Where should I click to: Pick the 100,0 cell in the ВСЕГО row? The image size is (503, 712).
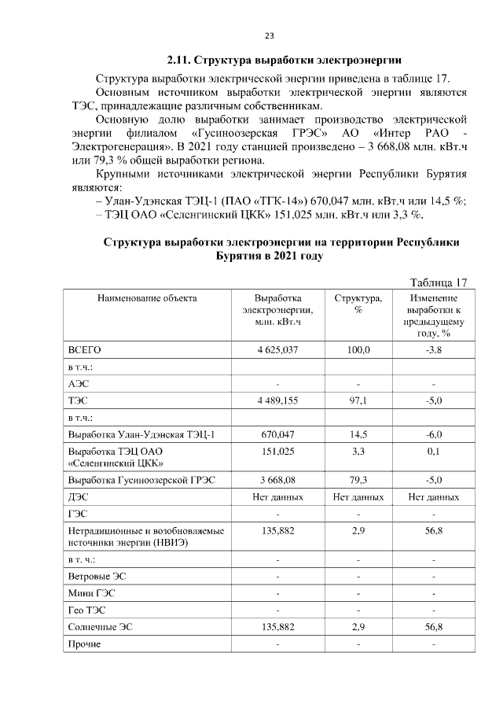(x=358, y=349)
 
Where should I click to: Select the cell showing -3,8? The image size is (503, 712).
(x=433, y=349)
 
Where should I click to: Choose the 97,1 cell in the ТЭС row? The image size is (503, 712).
(x=358, y=400)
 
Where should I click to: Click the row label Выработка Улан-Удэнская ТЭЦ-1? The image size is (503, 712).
(x=141, y=434)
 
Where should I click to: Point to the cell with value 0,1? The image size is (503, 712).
(x=433, y=452)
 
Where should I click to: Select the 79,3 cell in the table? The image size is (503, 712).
(x=358, y=480)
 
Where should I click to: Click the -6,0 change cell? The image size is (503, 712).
(x=433, y=434)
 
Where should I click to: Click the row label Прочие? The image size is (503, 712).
(x=85, y=644)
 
